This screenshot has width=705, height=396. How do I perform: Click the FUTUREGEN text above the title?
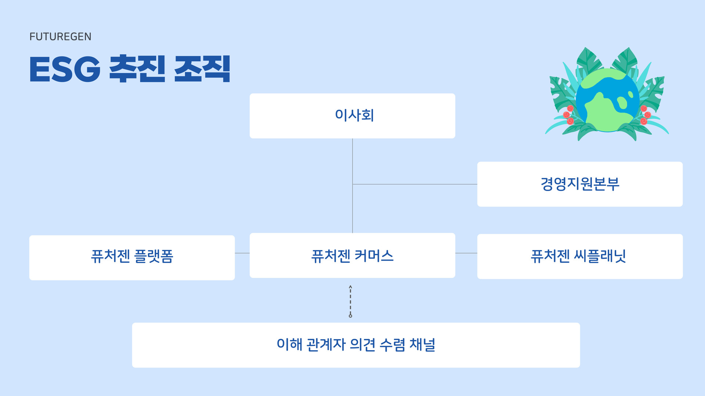[x=60, y=37]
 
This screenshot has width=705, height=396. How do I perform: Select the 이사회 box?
[x=352, y=116]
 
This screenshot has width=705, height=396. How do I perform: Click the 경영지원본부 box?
[x=579, y=184]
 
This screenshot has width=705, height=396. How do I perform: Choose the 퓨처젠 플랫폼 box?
[x=132, y=257]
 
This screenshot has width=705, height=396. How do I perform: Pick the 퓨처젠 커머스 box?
[x=352, y=255]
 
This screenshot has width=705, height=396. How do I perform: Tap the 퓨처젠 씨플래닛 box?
[x=579, y=256]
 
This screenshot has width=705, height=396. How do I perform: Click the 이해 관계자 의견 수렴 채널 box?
[x=355, y=345]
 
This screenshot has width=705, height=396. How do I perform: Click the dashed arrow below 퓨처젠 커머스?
[x=350, y=301]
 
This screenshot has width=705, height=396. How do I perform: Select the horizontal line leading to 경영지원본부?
[x=415, y=184]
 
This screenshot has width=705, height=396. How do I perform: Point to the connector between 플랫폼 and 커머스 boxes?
[x=242, y=253]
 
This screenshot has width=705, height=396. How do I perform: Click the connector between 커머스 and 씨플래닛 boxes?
[x=466, y=253]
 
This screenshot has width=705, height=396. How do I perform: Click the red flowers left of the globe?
[x=568, y=115]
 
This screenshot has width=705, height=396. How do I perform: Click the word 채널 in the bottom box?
[x=422, y=345]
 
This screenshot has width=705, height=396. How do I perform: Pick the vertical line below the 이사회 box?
[x=352, y=161]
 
